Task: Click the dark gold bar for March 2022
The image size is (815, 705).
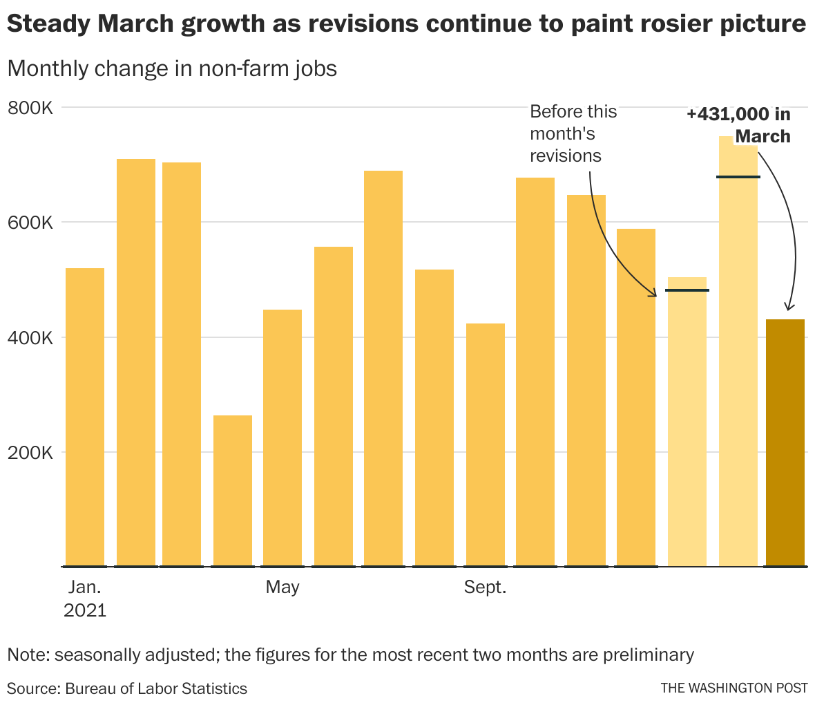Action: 785,442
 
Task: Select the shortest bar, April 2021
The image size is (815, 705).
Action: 233,491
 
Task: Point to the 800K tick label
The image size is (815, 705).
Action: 30,108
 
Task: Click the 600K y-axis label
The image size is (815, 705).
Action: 30,223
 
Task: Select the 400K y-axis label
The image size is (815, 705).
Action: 30,338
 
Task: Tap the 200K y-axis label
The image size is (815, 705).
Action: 30,453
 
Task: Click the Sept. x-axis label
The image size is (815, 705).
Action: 486,587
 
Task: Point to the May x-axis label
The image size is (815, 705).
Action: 282,587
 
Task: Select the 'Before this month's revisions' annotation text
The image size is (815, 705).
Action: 573,133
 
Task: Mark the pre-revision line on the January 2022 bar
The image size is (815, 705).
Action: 687,290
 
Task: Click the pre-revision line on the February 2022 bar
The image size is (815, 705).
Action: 738,177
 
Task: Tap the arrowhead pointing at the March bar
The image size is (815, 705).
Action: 789,308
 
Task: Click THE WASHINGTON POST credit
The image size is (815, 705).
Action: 733,688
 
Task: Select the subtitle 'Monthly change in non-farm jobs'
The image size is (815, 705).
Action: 172,68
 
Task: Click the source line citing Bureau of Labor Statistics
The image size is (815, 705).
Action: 127,688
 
